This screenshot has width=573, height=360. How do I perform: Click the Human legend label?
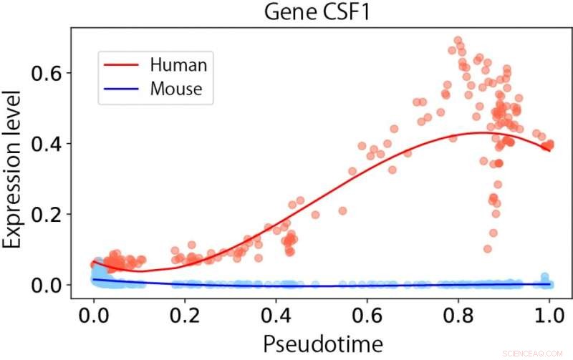(x=178, y=64)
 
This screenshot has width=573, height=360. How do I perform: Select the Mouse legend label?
(x=176, y=89)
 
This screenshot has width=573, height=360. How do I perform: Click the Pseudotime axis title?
(x=321, y=342)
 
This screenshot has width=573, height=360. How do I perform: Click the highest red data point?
(x=458, y=41)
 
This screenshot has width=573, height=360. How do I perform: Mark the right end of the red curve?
(x=549, y=150)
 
